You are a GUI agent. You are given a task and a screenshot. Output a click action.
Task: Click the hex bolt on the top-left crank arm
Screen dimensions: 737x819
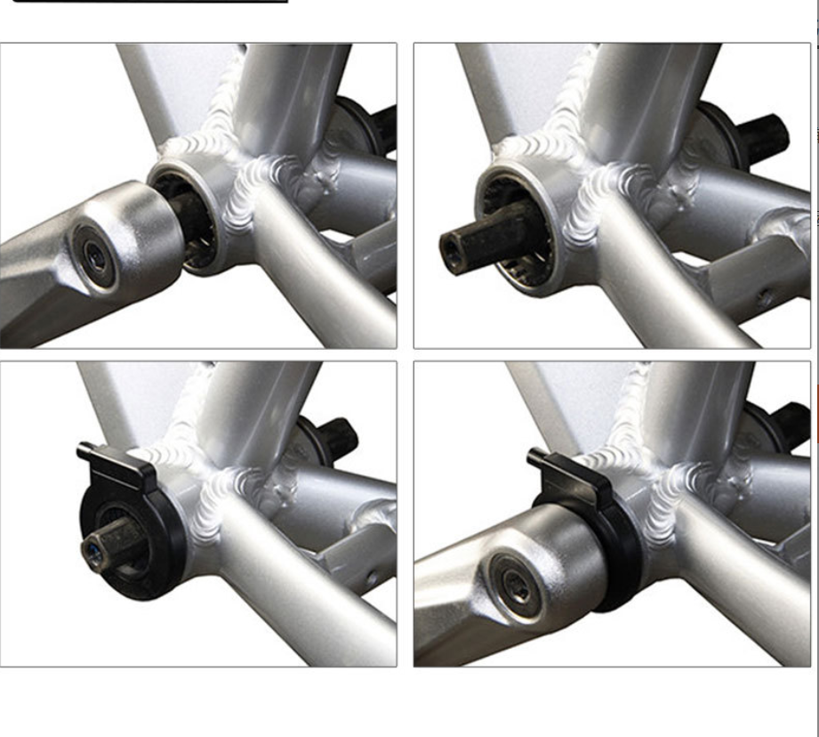tap(93, 254)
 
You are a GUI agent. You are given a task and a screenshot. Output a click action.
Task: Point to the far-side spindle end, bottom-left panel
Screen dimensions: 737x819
tap(342, 436)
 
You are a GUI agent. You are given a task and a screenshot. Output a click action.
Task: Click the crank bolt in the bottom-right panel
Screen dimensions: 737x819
tap(515, 585)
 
